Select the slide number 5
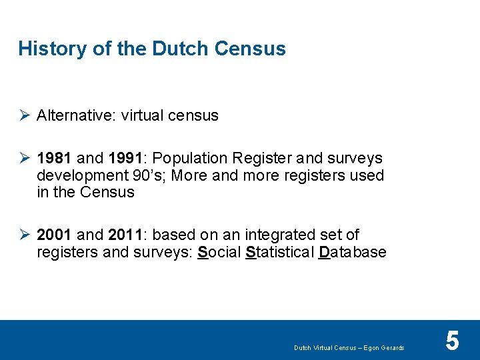point(452,341)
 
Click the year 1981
point(55,158)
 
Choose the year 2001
point(55,235)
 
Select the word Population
point(190,158)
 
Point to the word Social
point(219,252)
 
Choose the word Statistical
point(280,252)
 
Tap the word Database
point(353,252)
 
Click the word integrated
point(275,235)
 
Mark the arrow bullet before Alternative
point(24,115)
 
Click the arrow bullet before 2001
point(24,235)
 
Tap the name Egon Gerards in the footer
point(383,348)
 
